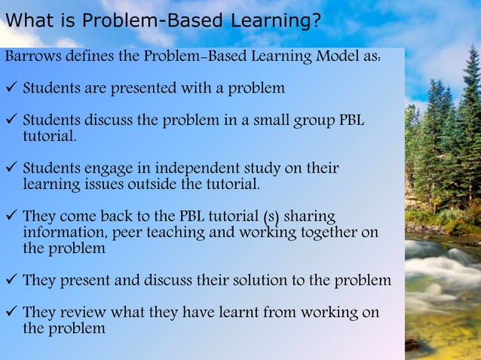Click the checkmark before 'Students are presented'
tap(11, 88)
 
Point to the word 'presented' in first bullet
tap(145, 88)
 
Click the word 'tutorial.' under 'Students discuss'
tap(50, 137)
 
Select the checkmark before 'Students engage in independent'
tap(11, 168)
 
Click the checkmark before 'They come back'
tap(11, 217)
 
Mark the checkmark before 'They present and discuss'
tap(11, 281)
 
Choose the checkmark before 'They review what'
tap(11, 313)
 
